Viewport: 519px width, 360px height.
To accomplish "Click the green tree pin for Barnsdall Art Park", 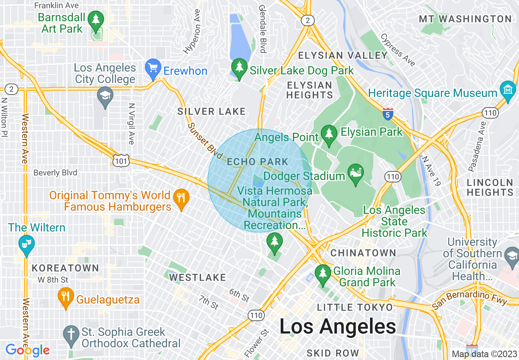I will (x=96, y=20).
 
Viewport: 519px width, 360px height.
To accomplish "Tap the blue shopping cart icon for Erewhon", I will (x=153, y=69).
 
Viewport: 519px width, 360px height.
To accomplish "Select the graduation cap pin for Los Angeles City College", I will (x=105, y=97).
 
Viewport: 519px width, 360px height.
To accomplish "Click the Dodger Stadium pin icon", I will (x=355, y=173).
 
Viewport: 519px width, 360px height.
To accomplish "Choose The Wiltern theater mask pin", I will (x=27, y=245).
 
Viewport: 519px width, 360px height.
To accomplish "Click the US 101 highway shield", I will (x=122, y=161).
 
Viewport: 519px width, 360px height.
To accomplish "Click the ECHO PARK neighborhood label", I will (x=258, y=162).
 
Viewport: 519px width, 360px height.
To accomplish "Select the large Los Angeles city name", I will (x=338, y=326).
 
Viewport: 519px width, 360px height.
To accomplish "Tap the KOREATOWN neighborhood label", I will (x=65, y=268).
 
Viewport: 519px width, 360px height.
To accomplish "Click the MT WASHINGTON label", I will (x=465, y=19).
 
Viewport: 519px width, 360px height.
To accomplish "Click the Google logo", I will (x=27, y=350).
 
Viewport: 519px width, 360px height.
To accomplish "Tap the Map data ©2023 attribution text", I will (x=483, y=354).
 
